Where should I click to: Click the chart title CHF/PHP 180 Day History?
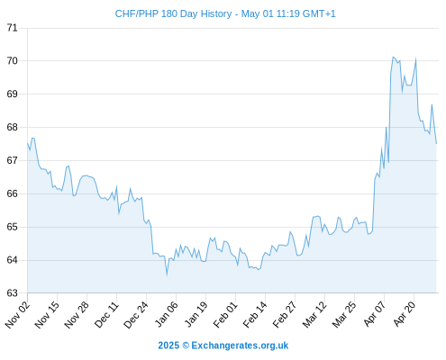pos(173,13)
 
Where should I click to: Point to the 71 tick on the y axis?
pos(13,28)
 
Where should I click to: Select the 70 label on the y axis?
pos(13,61)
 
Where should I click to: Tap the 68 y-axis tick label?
pos(13,127)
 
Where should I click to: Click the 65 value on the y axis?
pos(13,227)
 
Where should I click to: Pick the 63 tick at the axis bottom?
pos(13,293)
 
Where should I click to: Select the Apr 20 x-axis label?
pos(404,314)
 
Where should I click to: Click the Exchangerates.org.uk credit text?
pos(240,346)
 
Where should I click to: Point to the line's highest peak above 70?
pos(393,57)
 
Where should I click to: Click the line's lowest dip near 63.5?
pos(167,274)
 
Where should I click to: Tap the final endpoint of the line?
pos(436,144)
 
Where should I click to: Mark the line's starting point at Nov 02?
pos(28,143)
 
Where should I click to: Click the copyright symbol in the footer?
pos(186,346)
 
